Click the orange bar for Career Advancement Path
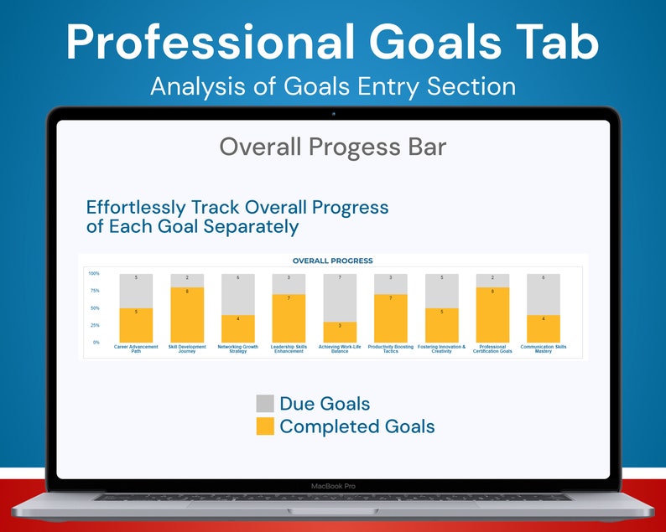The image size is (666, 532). click(x=136, y=325)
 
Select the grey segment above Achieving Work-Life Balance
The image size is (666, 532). click(x=340, y=297)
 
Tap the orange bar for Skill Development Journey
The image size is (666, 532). click(x=187, y=315)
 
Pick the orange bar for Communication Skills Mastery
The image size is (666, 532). click(x=543, y=328)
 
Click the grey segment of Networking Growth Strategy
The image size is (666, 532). click(x=238, y=294)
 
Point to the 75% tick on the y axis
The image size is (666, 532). click(x=95, y=291)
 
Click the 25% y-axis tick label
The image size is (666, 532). click(x=95, y=325)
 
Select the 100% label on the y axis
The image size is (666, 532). click(x=94, y=274)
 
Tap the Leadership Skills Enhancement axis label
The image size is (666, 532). click(x=289, y=349)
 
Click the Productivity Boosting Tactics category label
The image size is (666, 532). click(x=391, y=349)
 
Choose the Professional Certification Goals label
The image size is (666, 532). click(x=492, y=349)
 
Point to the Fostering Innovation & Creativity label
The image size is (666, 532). click(x=441, y=349)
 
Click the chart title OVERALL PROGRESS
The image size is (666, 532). click(x=332, y=261)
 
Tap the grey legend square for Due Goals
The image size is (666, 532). click(x=265, y=403)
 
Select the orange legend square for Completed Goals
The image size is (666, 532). click(x=265, y=426)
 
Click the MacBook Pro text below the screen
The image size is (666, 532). click(x=332, y=485)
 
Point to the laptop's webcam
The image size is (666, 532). click(x=333, y=112)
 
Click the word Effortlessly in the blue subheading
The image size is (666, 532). click(x=138, y=207)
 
